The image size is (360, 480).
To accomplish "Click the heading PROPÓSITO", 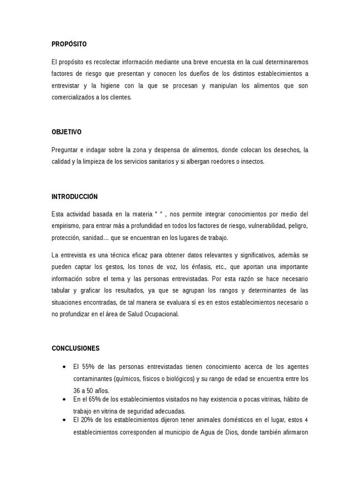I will pos(69,44).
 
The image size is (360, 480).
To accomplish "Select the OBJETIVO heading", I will pos(66,132).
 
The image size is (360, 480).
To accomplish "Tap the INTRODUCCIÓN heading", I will pos(75,197).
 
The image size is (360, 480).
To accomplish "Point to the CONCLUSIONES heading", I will pos(75,348).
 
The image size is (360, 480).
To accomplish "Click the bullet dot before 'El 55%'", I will pos(63,367).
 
